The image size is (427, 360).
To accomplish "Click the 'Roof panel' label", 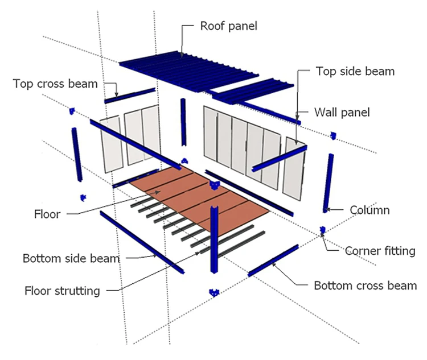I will click(x=228, y=26).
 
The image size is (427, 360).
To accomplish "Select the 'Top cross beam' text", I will click(x=55, y=84).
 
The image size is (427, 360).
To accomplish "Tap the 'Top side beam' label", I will click(x=355, y=72).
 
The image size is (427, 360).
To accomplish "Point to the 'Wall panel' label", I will click(x=342, y=112).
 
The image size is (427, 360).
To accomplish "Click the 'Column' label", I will click(x=369, y=210).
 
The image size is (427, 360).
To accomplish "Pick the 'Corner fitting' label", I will click(x=380, y=251).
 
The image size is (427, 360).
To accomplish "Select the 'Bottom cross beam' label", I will click(x=366, y=285).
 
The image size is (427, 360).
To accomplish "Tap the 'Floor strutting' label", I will click(x=63, y=291).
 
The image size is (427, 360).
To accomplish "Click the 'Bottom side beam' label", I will click(x=71, y=258).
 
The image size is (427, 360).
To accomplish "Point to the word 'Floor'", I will click(x=47, y=214).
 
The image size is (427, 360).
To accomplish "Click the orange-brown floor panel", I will click(x=199, y=199).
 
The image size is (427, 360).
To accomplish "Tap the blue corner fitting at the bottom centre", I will click(x=214, y=292).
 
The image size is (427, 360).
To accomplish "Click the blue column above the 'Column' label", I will click(x=329, y=181).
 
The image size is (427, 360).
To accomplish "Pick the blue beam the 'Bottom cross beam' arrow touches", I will click(x=273, y=261).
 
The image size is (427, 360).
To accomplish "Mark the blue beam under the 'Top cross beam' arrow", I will click(x=130, y=96).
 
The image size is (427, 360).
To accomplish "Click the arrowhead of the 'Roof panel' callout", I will click(x=182, y=55).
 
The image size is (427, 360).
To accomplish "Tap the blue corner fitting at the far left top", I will click(x=72, y=110).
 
